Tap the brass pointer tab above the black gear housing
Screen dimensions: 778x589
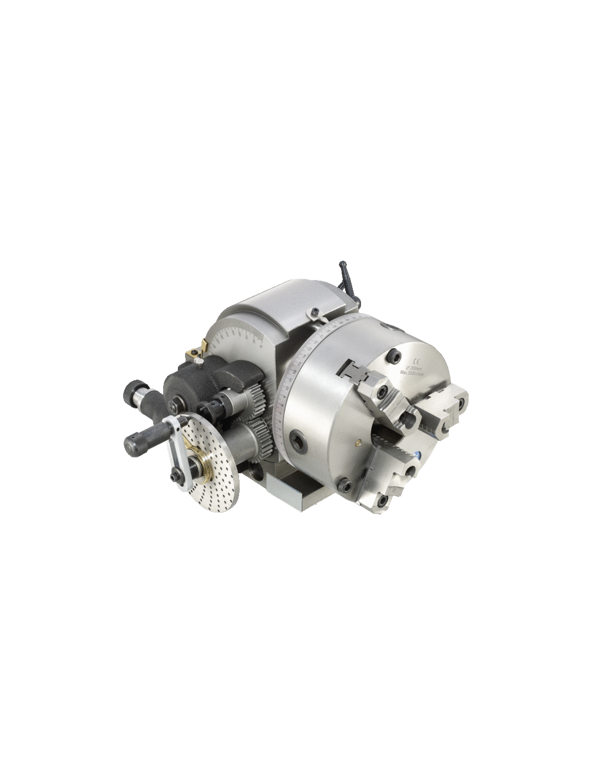pyautogui.click(x=194, y=354)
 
